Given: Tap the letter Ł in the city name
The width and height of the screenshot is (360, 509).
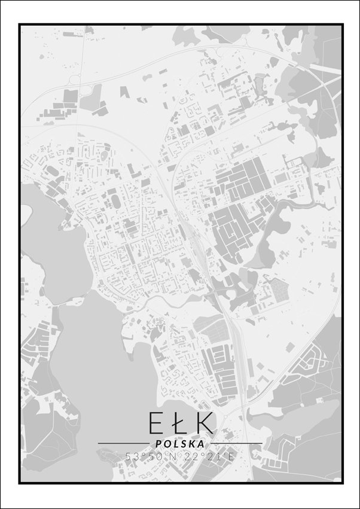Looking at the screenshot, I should [x=178, y=423].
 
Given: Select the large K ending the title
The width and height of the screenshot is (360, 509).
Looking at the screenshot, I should [x=203, y=423].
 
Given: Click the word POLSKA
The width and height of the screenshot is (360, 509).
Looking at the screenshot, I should [x=179, y=444].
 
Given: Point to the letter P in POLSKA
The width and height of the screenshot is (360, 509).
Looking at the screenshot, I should [x=158, y=444].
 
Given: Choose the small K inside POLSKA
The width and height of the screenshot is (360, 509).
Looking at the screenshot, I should [x=192, y=444].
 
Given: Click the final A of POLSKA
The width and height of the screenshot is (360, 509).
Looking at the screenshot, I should [x=201, y=444].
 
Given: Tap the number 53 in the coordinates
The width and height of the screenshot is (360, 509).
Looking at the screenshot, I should [x=131, y=456].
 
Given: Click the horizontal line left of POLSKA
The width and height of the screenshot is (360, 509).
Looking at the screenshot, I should [x=123, y=443].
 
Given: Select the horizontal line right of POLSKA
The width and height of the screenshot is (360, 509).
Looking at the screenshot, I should [x=236, y=443].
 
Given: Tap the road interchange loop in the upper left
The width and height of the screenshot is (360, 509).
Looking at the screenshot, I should [x=75, y=78].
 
